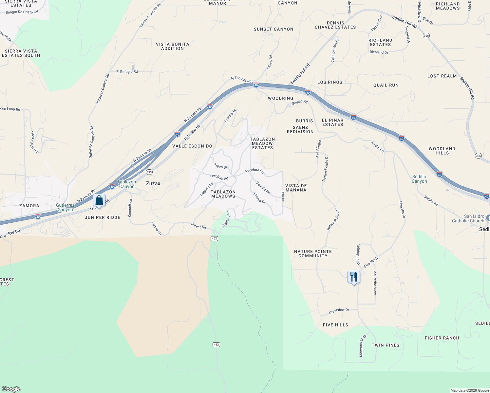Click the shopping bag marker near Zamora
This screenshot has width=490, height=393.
(x=99, y=200)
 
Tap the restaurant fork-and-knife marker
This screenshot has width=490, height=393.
(x=353, y=277)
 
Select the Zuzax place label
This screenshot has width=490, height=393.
(x=153, y=183)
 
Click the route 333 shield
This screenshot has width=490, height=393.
(x=149, y=172)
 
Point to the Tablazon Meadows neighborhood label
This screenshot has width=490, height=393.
(x=223, y=194)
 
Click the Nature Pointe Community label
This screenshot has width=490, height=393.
(x=313, y=253)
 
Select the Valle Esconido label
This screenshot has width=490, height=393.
(x=192, y=146)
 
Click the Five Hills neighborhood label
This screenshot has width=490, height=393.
(x=335, y=325)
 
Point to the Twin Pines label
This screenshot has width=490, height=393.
(x=386, y=345)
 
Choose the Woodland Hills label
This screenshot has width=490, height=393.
(x=442, y=151)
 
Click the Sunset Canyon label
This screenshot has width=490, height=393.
(x=273, y=29)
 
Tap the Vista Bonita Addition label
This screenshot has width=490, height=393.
(x=172, y=46)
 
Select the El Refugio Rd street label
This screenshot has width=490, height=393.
(x=127, y=72)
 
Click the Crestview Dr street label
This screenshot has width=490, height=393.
(x=339, y=311)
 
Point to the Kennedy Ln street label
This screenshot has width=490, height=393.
(x=130, y=208)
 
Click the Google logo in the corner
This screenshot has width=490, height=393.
(x=11, y=389)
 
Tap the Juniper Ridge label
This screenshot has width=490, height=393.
(x=103, y=217)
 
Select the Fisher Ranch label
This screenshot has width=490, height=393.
(x=442, y=338)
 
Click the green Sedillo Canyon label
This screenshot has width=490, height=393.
(x=419, y=179)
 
